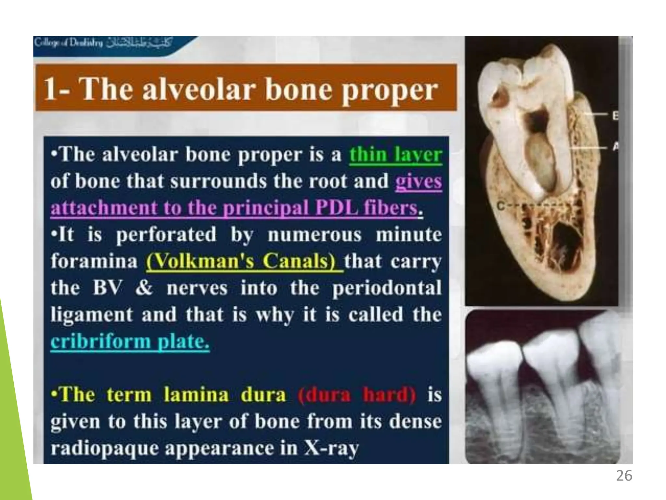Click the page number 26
(x=624, y=476)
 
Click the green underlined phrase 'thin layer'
(x=395, y=155)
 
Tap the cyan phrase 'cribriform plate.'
(x=130, y=341)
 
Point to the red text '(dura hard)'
(x=356, y=395)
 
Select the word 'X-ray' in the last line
(x=331, y=448)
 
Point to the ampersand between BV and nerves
(x=144, y=288)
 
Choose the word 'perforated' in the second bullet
(x=166, y=235)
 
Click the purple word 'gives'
(x=419, y=182)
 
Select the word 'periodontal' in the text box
(x=387, y=288)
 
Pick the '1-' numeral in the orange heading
(x=57, y=90)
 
